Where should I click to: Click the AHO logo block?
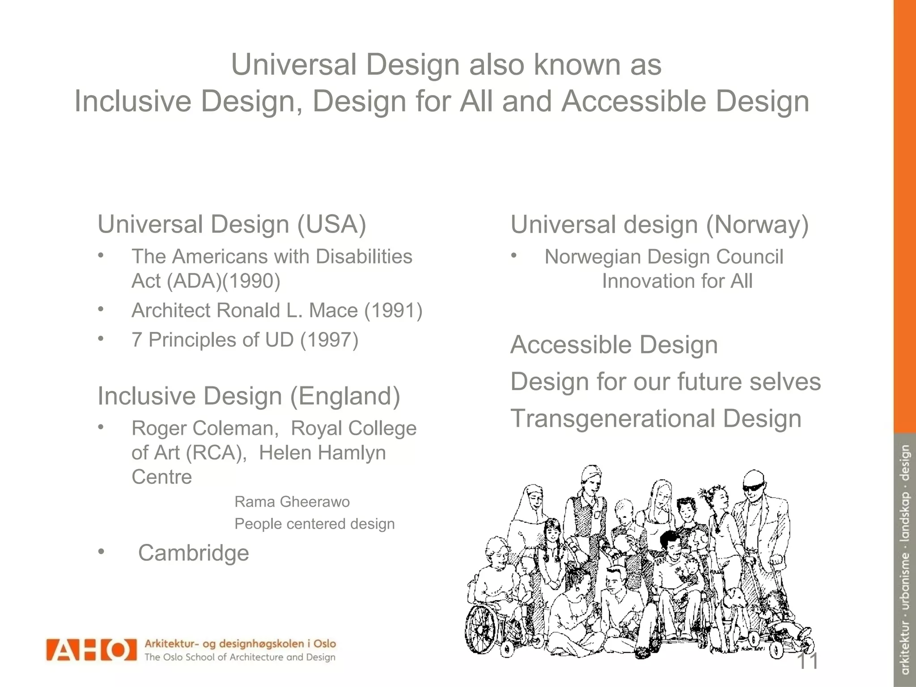91,649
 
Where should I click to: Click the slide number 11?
807,661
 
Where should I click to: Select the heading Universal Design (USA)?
232,224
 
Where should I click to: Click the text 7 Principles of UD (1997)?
245,340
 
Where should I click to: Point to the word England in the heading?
345,396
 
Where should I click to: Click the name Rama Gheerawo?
292,502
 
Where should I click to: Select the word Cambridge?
193,553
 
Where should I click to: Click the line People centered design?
314,524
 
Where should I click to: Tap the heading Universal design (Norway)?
659,225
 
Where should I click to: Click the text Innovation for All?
677,281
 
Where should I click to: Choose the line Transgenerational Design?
656,419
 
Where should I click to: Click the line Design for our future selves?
666,382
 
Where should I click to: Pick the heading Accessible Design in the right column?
614,345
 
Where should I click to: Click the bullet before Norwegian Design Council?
514,256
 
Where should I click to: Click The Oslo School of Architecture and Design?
240,657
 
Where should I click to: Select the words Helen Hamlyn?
322,453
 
